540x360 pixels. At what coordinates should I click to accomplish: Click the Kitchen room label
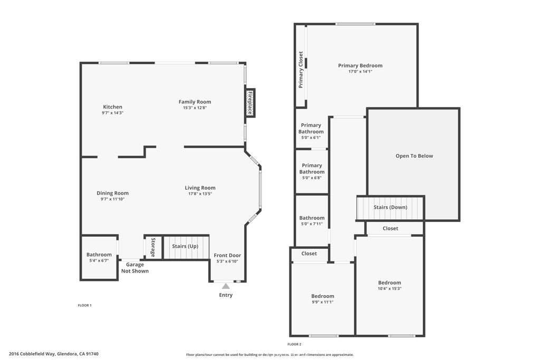(x=112, y=107)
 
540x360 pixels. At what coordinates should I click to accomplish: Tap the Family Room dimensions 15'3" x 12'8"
(x=194, y=108)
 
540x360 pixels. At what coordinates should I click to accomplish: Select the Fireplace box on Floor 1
(x=250, y=103)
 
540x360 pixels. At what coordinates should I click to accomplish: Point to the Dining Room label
(x=112, y=193)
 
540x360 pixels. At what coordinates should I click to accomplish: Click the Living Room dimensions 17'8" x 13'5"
(x=200, y=193)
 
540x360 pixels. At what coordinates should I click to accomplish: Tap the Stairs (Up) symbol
(x=186, y=247)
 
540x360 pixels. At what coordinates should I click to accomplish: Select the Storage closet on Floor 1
(x=153, y=247)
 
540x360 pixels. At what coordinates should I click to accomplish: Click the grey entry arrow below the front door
(x=226, y=286)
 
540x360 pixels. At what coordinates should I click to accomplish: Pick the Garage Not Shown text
(x=135, y=268)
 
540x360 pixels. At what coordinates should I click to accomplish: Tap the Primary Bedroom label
(x=360, y=66)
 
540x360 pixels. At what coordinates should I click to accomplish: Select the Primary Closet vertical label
(x=301, y=70)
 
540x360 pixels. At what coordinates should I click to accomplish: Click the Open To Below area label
(x=414, y=156)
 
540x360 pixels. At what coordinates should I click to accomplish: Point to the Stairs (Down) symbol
(x=390, y=208)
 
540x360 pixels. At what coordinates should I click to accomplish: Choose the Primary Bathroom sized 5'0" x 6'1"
(x=311, y=129)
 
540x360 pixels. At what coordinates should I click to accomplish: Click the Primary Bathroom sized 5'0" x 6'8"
(x=312, y=169)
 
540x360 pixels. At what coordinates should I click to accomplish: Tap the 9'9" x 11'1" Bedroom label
(x=322, y=296)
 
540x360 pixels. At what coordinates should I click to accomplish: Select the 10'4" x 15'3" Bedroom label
(x=389, y=283)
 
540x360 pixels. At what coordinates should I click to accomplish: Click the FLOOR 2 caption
(x=294, y=344)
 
